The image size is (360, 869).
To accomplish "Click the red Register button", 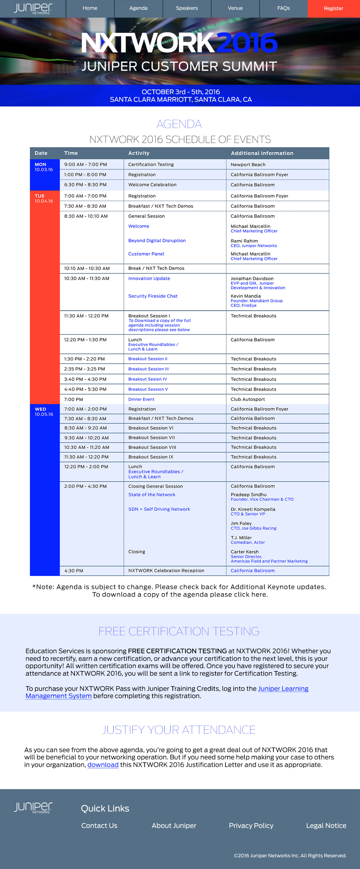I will (333, 9).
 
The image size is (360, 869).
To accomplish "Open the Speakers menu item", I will (187, 8).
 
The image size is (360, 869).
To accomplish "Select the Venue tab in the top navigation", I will (235, 8).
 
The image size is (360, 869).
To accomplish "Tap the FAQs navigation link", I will (283, 8).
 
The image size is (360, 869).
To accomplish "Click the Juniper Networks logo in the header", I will (33, 9).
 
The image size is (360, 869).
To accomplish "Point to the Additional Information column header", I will (262, 153).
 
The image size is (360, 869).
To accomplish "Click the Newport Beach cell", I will (248, 165).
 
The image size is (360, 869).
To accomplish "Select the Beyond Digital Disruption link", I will (157, 240).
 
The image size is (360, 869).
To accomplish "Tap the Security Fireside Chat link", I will (153, 296).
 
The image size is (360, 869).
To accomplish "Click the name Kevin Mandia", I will (246, 296).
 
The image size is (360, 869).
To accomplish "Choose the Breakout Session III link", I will (148, 369).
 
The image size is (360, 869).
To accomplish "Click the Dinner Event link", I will (141, 399).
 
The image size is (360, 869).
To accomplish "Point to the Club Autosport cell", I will (248, 399).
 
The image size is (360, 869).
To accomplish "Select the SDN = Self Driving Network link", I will (159, 509).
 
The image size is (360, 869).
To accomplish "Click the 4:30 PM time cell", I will (74, 570).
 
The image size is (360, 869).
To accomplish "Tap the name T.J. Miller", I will (241, 537).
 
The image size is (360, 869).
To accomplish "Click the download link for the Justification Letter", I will (103, 765).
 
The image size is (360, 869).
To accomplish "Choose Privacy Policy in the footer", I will (251, 825).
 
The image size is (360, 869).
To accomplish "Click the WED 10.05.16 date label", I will (44, 412).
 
